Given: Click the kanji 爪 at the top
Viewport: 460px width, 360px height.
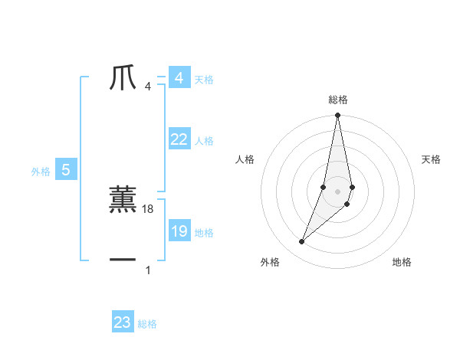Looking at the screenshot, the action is coord(123,79).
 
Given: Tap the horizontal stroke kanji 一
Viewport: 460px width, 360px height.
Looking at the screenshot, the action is coord(123,260).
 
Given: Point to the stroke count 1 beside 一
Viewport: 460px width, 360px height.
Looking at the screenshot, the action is coord(148,270).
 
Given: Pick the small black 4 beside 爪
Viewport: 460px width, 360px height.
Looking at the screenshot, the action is coord(148,87).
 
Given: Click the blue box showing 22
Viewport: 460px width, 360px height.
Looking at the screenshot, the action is coord(179,139).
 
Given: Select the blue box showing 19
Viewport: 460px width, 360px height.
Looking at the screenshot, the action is coord(179,231).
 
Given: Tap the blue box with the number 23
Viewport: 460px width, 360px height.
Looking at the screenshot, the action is coord(123,322).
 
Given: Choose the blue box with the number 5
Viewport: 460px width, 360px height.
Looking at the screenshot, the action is coord(66,171).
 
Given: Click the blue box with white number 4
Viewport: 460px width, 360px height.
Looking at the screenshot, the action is coord(179,78).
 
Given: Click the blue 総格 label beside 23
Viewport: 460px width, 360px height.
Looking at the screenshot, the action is coord(147,324).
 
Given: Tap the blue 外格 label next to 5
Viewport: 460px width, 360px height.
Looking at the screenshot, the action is coord(41,172).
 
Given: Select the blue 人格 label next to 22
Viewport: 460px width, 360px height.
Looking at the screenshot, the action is coord(204,141).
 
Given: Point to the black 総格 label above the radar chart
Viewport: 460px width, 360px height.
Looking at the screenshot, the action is coord(338,100).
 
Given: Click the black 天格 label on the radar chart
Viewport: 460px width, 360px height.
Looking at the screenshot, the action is coord(431,159).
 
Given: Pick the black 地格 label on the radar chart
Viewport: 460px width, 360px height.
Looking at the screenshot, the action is coord(402,262).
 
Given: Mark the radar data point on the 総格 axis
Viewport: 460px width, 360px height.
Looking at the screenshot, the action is coord(338,116).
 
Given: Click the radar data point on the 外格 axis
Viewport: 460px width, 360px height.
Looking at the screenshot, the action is coord(302,241).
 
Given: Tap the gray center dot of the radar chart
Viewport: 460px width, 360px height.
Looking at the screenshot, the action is coord(338,191).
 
